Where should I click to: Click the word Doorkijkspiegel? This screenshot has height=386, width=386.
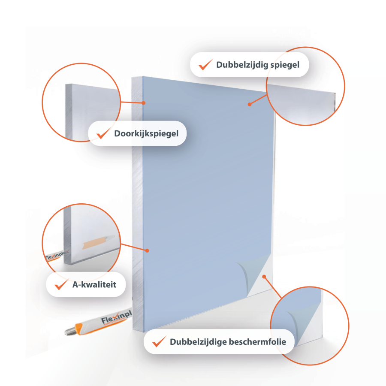point(146,134)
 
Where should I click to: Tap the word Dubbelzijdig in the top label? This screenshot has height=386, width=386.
point(242,65)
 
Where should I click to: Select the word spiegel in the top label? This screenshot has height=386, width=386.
point(285,65)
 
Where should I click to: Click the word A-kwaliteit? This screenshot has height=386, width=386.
point(94,285)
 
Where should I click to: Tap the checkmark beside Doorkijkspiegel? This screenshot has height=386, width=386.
point(103,133)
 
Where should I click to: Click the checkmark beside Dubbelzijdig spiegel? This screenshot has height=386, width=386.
point(205,64)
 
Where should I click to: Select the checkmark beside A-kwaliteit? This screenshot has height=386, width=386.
point(61,284)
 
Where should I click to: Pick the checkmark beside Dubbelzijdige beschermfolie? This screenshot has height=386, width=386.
point(159,341)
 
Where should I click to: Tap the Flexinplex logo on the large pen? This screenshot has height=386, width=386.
point(117,317)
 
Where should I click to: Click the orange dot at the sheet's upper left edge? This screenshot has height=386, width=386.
point(144,103)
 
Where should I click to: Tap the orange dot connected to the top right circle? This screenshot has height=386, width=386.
point(250,104)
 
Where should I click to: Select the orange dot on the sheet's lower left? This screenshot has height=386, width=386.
point(147,250)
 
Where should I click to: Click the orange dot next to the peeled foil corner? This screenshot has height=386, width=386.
point(264,277)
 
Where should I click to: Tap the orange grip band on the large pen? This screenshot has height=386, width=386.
point(79,329)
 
